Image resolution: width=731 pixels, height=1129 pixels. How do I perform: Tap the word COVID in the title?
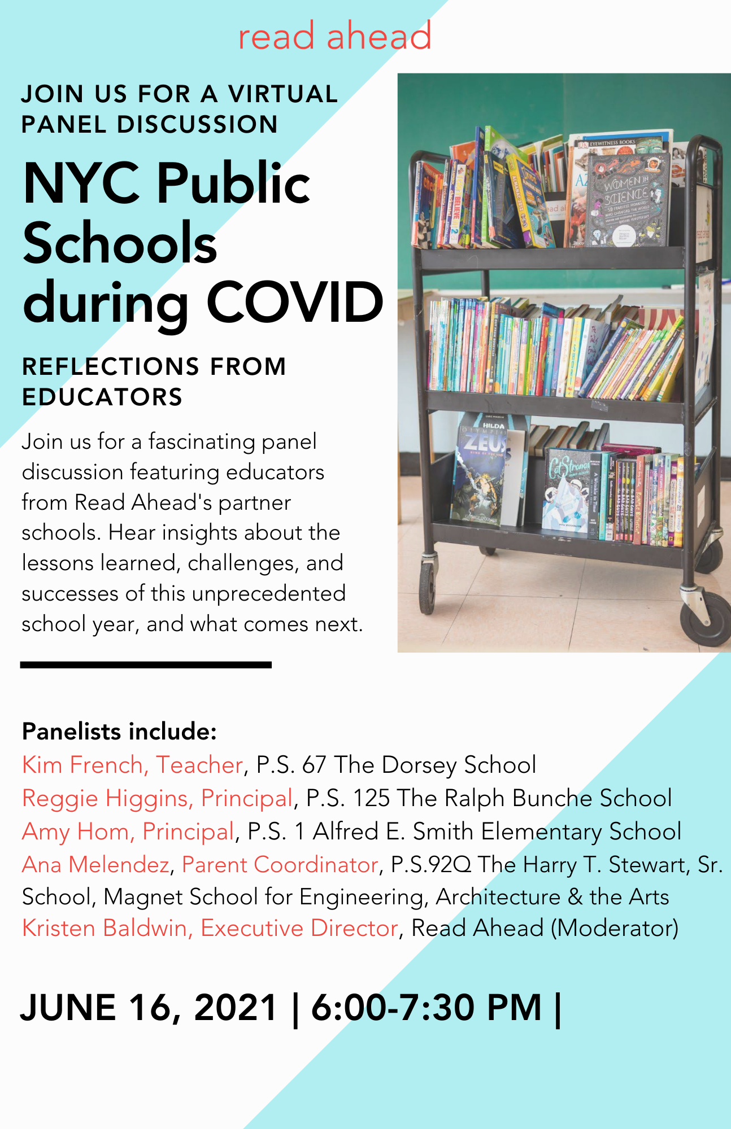(x=295, y=303)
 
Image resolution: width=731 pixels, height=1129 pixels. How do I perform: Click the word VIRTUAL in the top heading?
(x=283, y=94)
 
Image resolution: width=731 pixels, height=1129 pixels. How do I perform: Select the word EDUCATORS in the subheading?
(x=102, y=397)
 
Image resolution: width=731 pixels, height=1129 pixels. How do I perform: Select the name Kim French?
(x=82, y=765)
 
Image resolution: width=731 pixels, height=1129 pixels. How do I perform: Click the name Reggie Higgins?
(x=105, y=798)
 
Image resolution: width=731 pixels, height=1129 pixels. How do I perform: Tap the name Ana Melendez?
(x=95, y=865)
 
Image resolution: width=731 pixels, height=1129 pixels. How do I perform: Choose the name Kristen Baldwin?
(x=105, y=928)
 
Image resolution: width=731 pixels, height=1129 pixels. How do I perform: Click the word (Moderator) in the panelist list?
(x=614, y=928)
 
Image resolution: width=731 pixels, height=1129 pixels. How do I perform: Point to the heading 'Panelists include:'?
(x=119, y=732)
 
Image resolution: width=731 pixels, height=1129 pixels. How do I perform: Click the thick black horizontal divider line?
(x=146, y=665)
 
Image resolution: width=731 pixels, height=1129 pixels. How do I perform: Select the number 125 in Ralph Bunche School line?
(x=371, y=798)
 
